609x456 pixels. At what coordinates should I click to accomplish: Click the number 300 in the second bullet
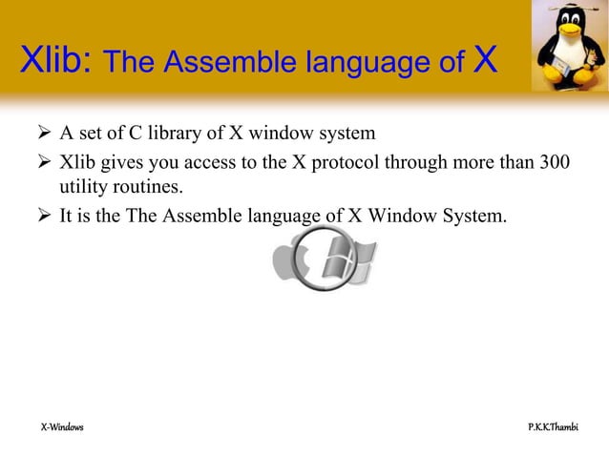[554, 158]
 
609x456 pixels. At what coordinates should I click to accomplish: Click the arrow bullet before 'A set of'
[42, 132]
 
